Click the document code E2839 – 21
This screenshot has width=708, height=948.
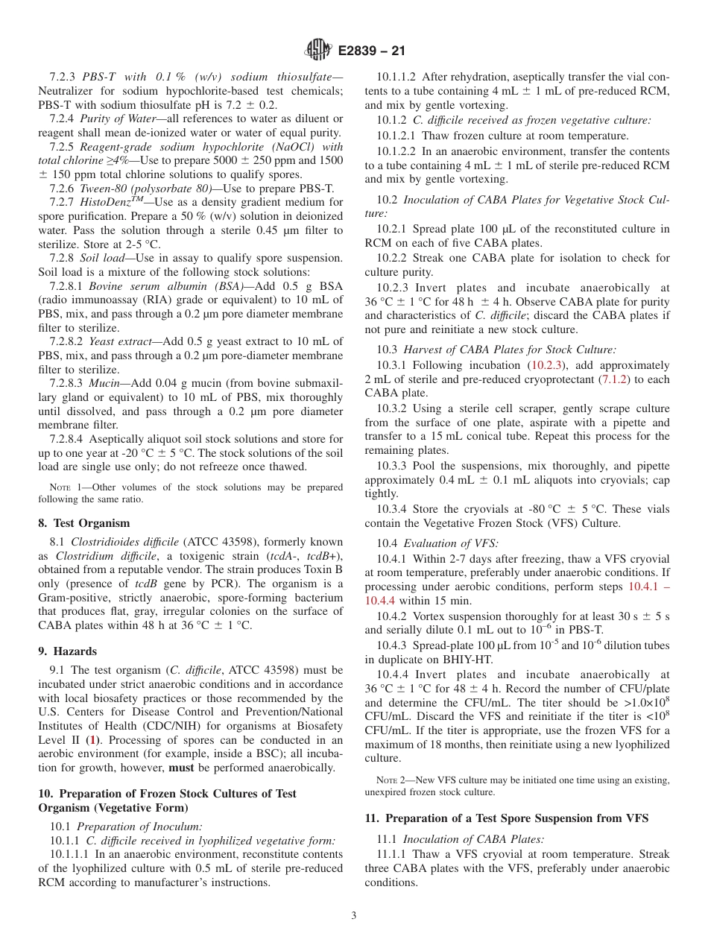[x=373, y=51]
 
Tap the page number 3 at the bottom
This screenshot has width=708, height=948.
[x=354, y=916]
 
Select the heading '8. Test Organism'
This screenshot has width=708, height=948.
[x=83, y=523]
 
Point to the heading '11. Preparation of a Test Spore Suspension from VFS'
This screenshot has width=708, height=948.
[x=506, y=818]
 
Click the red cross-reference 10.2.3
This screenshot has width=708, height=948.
[x=547, y=365]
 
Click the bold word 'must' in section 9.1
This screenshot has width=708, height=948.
[x=183, y=768]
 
